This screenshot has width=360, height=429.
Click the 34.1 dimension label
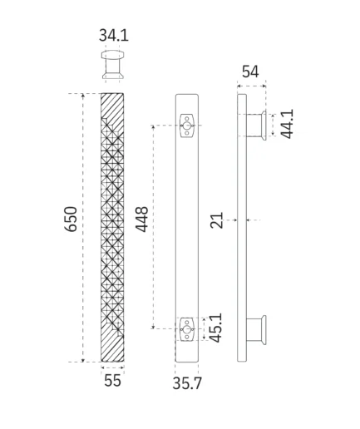[114, 35]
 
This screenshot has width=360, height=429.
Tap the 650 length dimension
[71, 219]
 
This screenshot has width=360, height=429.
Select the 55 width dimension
[112, 380]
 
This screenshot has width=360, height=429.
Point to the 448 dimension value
[141, 219]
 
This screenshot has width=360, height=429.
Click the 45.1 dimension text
[215, 328]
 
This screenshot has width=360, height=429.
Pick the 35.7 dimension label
[187, 383]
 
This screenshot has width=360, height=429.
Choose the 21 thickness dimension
[217, 220]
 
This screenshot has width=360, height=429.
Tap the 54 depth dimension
[250, 71]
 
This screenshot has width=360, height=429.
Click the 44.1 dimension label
[287, 124]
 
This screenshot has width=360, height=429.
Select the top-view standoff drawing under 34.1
[112, 65]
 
